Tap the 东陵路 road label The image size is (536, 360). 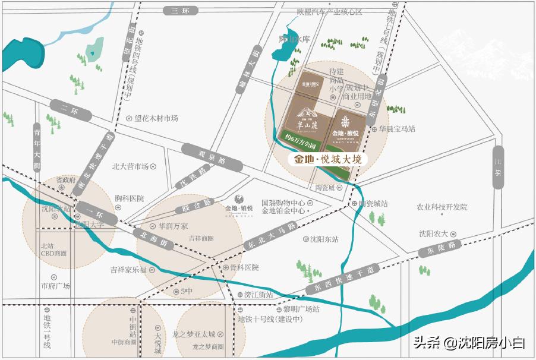[x=440, y=249]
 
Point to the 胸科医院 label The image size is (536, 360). [x=129, y=198]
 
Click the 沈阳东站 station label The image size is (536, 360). [x=324, y=239]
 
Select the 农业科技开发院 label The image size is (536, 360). [x=441, y=207]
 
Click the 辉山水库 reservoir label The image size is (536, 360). [x=295, y=39]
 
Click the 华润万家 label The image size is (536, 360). [x=172, y=226]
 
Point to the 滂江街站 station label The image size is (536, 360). [x=258, y=295]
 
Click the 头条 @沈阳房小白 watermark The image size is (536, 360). [x=468, y=342]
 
